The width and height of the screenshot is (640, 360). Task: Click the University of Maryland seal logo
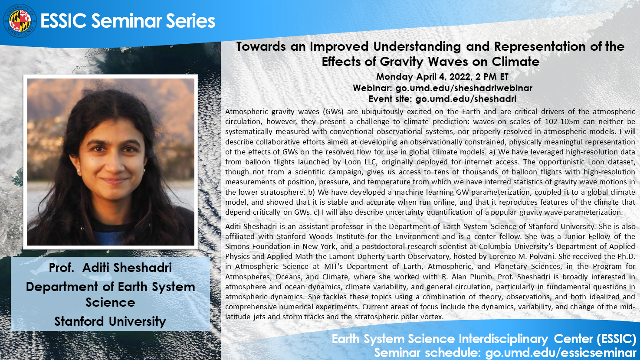(20, 21)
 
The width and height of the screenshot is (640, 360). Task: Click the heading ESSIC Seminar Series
(128, 21)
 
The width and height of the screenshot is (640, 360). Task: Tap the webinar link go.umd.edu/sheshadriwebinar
(464, 88)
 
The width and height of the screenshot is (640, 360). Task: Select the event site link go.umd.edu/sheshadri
(466, 99)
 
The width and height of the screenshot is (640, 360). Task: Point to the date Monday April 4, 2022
(423, 77)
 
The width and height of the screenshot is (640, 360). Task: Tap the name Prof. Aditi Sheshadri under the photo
(110, 268)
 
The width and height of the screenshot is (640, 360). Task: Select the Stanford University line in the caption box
(110, 321)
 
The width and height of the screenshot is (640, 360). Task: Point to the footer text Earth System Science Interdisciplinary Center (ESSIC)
(484, 339)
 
